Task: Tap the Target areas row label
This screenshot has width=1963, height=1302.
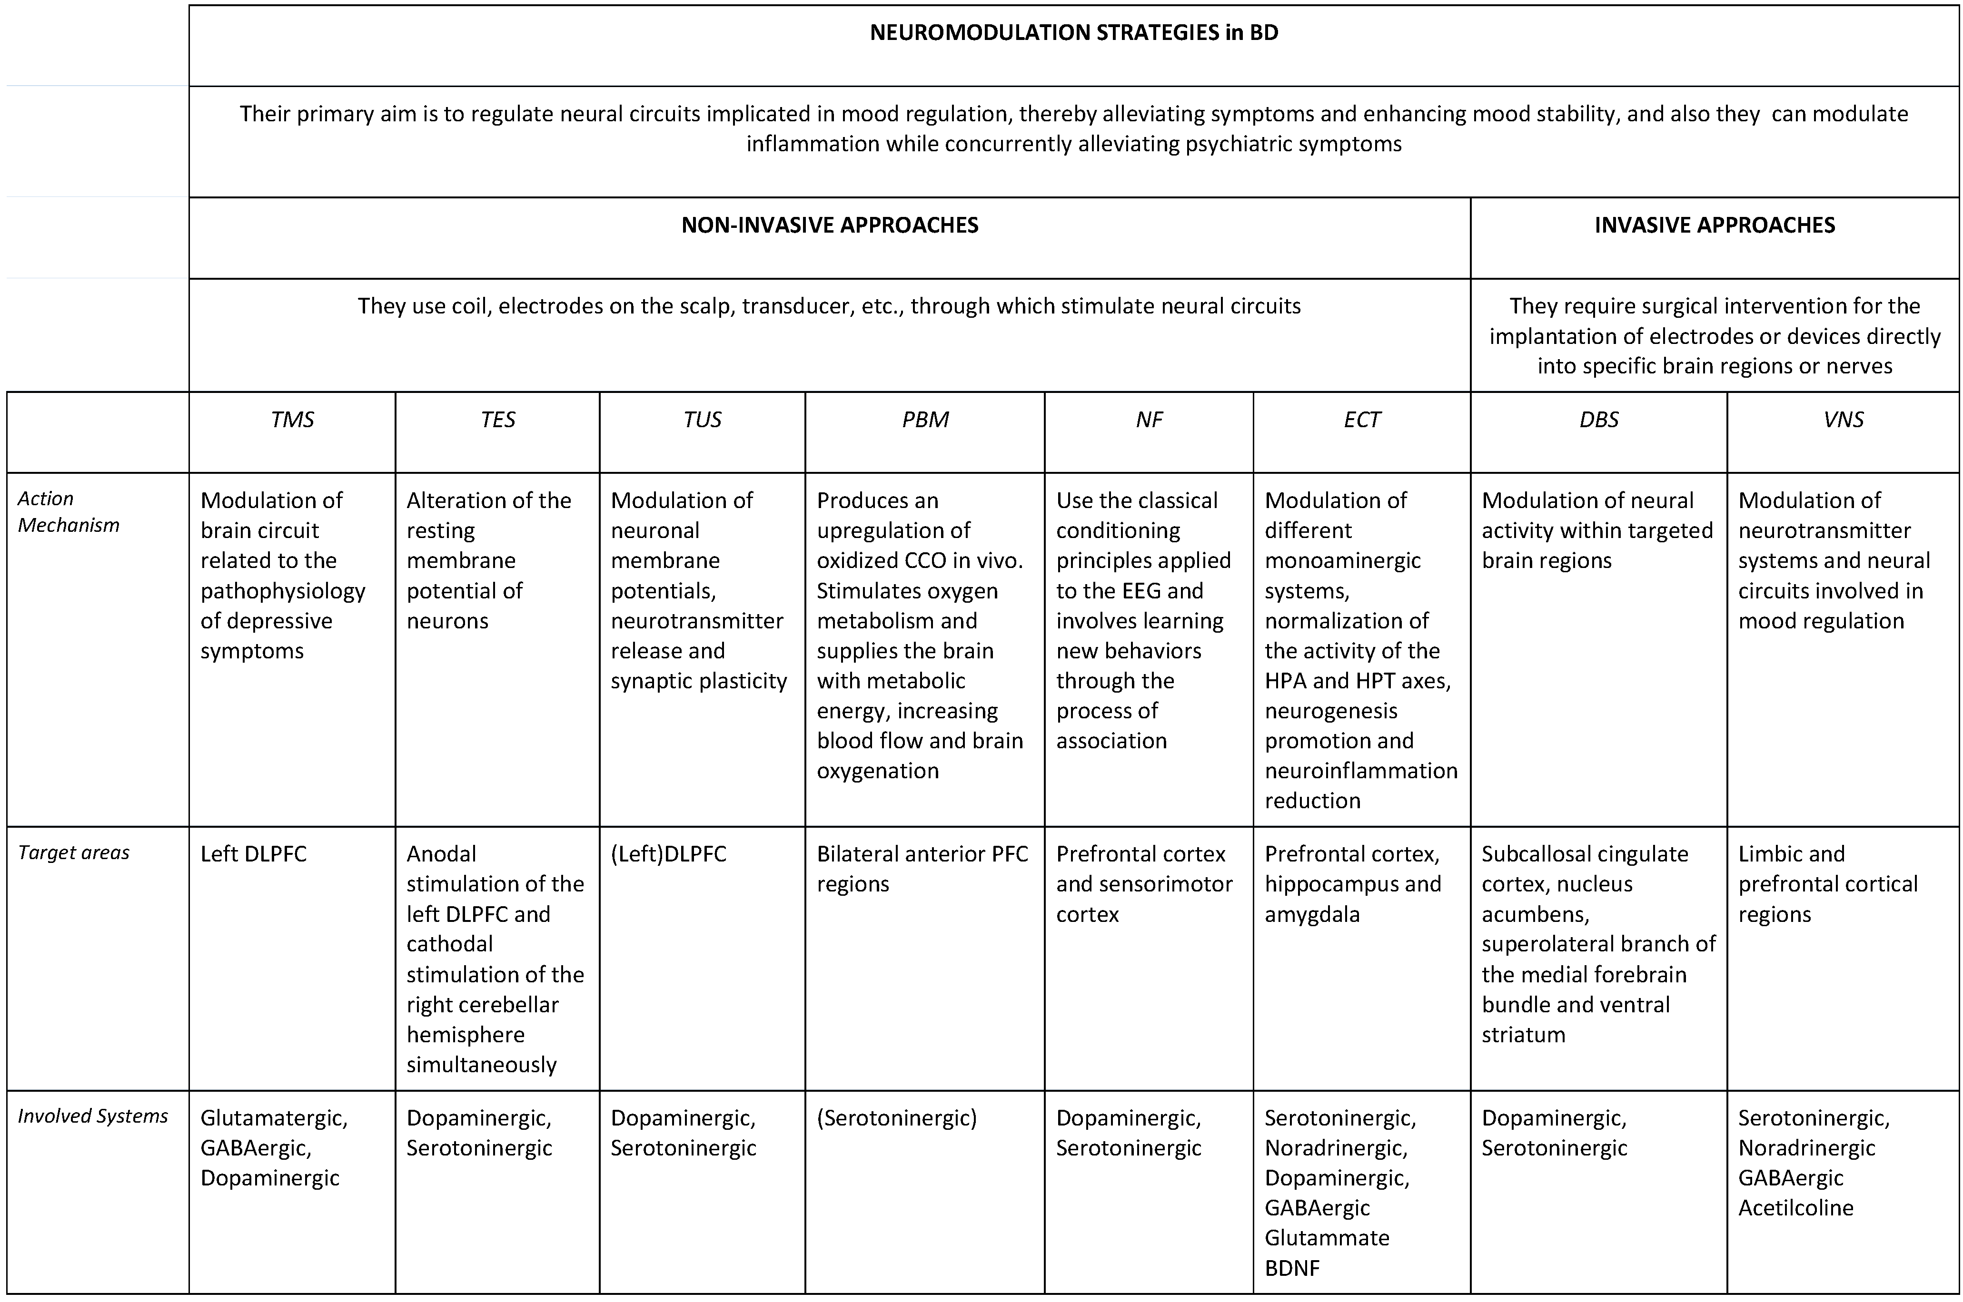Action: click(74, 853)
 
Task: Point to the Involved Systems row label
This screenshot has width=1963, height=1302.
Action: click(93, 1116)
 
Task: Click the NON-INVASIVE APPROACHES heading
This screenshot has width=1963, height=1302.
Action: click(829, 225)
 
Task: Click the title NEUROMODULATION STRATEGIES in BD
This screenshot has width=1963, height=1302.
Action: click(1073, 32)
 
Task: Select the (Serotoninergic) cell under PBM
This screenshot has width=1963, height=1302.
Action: click(896, 1117)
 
